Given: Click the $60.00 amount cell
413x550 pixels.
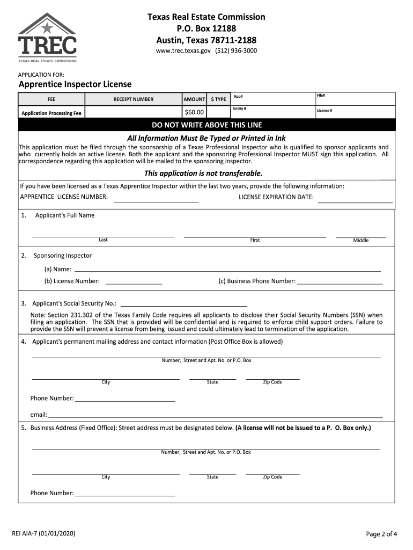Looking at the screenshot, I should click(x=194, y=112).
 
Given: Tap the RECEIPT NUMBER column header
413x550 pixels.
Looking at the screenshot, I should click(x=133, y=99).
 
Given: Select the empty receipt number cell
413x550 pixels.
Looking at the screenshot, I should click(x=133, y=112).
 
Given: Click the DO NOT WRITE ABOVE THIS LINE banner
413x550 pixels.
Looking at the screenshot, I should click(x=206, y=125).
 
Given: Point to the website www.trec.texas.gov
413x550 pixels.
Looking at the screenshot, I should click(x=183, y=50).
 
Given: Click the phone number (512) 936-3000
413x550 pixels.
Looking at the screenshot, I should click(x=236, y=50).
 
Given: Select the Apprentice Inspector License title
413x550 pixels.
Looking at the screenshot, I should click(x=75, y=84).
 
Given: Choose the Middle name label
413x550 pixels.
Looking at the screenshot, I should click(x=361, y=240).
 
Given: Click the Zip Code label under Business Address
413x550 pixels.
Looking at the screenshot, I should click(x=272, y=477).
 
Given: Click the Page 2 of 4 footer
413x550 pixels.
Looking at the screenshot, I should click(x=381, y=534).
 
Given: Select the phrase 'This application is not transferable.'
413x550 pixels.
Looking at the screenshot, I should click(x=203, y=173).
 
